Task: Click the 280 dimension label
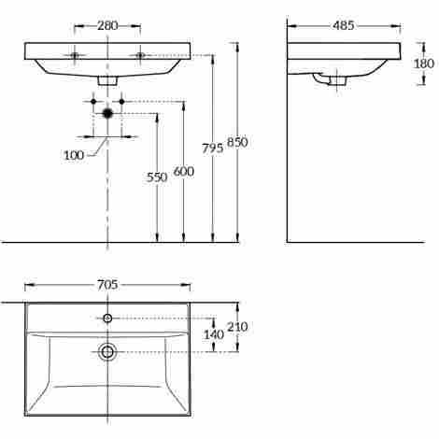107,26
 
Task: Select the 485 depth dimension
343,26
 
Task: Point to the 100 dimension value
74,155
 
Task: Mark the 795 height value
213,149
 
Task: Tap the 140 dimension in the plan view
214,334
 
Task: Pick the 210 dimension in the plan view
239,326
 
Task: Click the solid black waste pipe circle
107,113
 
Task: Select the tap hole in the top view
107,319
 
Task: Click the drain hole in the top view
107,351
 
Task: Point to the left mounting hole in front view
75,55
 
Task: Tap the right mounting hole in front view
141,55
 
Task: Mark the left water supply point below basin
94,100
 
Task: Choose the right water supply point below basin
121,100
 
